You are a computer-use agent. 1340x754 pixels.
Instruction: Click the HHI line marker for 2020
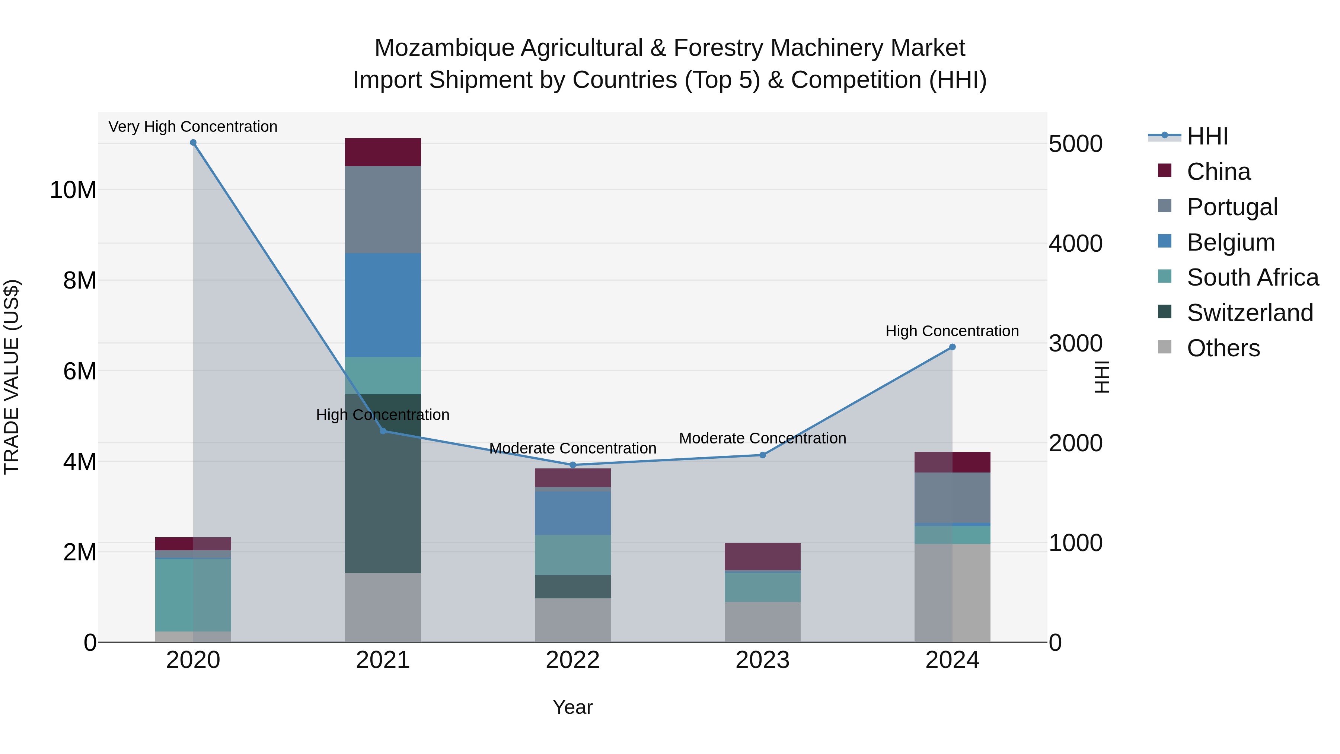193,143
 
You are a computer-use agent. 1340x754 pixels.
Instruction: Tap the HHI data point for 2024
952,347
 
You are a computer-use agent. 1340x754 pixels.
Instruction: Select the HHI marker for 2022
573,465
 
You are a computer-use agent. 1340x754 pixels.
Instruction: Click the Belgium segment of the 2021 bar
383,305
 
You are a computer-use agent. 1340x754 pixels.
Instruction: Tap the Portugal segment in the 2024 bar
952,497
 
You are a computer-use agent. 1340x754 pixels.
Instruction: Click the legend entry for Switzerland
1250,313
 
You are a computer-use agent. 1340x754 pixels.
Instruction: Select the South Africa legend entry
1252,277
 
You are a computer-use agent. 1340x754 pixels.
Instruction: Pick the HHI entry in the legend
1207,136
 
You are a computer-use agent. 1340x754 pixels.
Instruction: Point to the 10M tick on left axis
73,190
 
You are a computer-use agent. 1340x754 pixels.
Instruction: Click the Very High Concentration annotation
193,127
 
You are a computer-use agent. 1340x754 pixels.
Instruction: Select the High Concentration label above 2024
952,331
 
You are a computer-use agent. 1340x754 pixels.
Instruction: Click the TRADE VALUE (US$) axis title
12,377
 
